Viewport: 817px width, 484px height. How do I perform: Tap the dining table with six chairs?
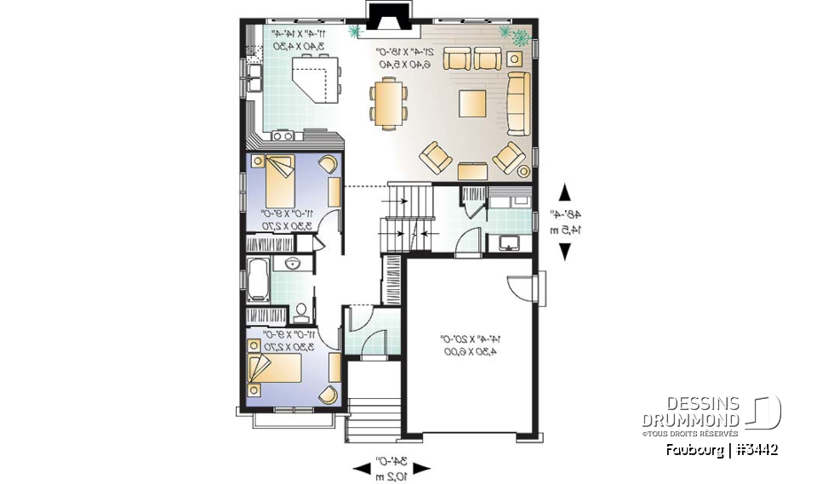coord(388,102)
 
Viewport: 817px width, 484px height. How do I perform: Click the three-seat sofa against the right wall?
coord(517,102)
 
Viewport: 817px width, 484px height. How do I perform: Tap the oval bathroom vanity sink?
coord(293,263)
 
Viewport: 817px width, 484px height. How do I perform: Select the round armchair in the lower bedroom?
coord(326,393)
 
